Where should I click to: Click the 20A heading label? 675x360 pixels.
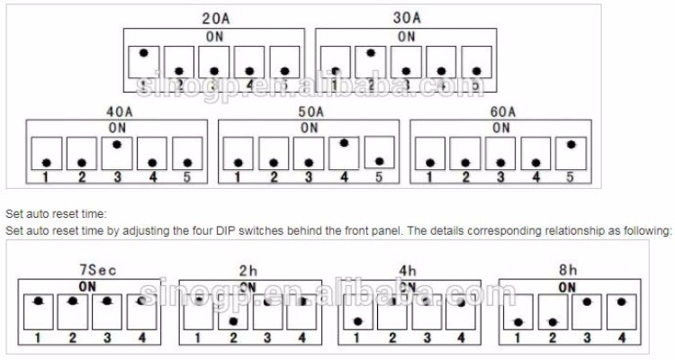(x=215, y=18)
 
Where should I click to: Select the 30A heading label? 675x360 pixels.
(x=407, y=18)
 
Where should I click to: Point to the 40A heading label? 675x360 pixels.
(x=118, y=112)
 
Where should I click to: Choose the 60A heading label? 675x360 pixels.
(x=502, y=112)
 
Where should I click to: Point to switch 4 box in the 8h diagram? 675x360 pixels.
(x=620, y=312)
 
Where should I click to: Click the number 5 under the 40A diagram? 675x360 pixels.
(x=187, y=177)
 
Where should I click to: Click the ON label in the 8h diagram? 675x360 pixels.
(x=567, y=286)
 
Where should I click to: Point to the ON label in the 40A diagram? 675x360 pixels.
(x=118, y=128)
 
